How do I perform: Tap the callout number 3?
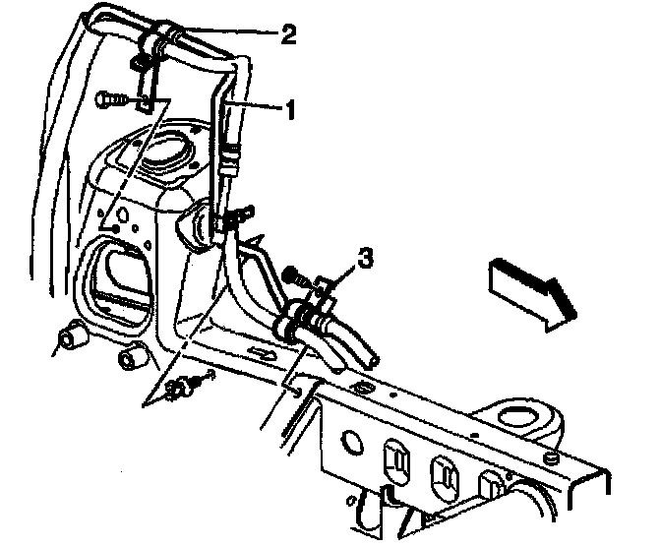pos(365,259)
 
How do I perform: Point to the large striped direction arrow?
pos(530,285)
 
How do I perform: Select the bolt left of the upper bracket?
pos(109,98)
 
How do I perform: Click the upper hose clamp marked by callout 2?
pos(163,39)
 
